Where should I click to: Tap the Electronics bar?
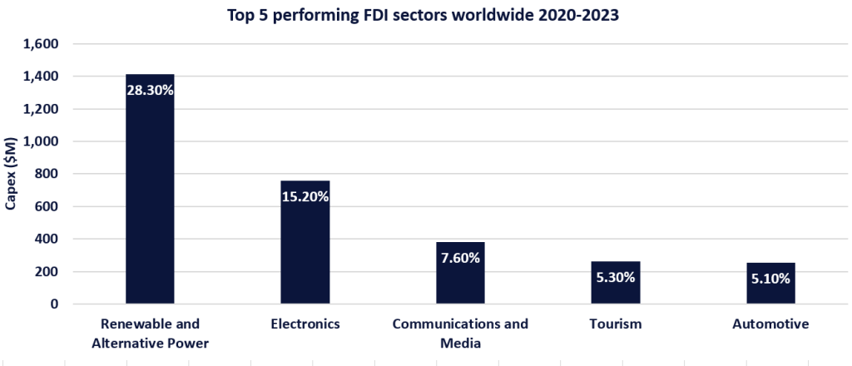305,250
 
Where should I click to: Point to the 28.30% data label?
150,90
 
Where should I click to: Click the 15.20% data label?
305,197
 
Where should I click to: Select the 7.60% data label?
460,258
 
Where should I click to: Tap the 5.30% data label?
616,277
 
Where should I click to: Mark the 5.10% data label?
770,279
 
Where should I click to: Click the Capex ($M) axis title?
12,174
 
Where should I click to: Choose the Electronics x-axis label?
305,324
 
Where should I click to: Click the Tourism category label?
616,324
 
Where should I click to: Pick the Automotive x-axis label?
770,324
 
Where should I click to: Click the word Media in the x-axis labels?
460,341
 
